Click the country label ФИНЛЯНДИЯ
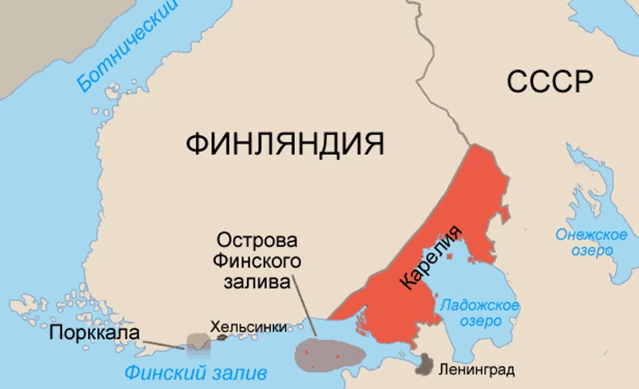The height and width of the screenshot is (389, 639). [x=285, y=144]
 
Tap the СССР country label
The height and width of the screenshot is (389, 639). [x=550, y=82]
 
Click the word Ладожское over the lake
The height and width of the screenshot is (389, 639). [x=480, y=306]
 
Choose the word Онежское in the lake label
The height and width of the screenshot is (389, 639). [x=591, y=235]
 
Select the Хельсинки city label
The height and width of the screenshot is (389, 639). [x=248, y=326]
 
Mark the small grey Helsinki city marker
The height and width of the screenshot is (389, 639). [x=222, y=338]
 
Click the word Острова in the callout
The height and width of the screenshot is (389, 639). [x=256, y=240]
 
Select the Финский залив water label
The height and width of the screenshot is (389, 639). [x=196, y=373]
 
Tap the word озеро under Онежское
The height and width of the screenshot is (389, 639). [x=591, y=251]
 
